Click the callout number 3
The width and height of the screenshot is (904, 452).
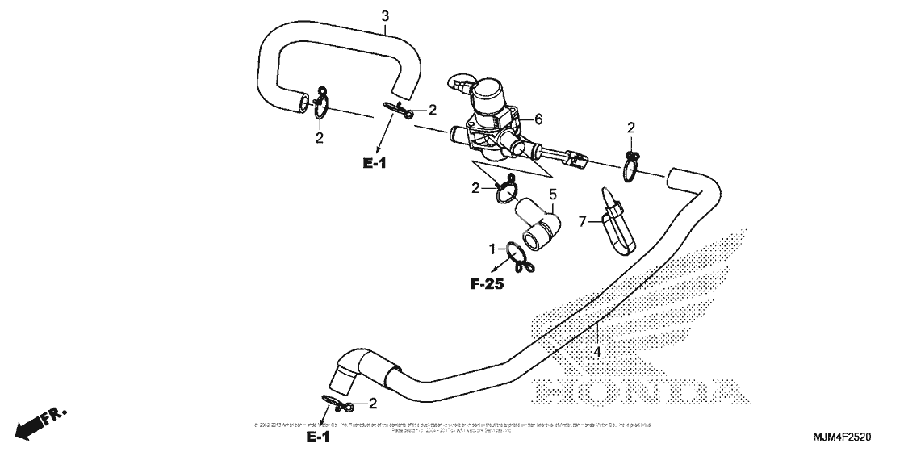click(385, 16)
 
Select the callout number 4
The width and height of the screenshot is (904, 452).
click(596, 352)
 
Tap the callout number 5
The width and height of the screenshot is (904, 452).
click(553, 195)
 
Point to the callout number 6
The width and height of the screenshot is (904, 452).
click(538, 119)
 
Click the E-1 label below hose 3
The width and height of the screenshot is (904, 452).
click(375, 163)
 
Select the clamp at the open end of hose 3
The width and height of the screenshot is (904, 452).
click(320, 106)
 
